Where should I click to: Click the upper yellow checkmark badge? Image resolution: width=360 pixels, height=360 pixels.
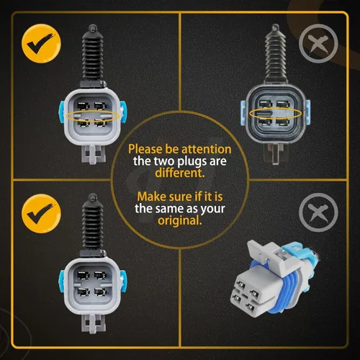[x=41, y=43]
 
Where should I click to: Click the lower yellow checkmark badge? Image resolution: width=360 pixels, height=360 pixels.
[x=41, y=213]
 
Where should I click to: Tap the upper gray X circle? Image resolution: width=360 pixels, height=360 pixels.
[x=318, y=43]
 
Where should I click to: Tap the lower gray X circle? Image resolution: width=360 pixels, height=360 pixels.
[x=318, y=212]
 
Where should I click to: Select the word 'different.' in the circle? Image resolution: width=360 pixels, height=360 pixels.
[x=180, y=173]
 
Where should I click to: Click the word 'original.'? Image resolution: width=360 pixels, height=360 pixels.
[x=180, y=220]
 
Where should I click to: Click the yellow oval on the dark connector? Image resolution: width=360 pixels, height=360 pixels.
[x=276, y=113]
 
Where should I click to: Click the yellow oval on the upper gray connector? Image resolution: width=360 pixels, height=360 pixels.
[x=93, y=116]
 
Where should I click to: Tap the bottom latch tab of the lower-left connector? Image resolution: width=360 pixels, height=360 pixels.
[x=94, y=323]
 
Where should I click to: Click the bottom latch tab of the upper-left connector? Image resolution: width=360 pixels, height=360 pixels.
[x=94, y=154]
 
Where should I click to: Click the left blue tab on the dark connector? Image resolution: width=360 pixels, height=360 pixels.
[x=243, y=112]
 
